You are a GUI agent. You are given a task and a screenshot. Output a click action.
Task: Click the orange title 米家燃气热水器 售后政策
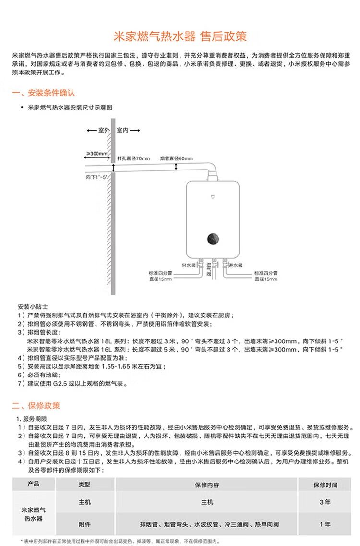pyautogui.click(x=180, y=36)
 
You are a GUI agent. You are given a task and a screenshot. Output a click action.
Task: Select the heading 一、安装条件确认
pyautogui.click(x=44, y=93)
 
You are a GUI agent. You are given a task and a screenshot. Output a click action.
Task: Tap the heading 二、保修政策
pyautogui.click(x=36, y=406)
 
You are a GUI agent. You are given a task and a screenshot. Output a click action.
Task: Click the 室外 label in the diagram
pyautogui.click(x=104, y=130)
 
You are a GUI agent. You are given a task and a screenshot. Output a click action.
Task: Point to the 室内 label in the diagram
pyautogui.click(x=122, y=130)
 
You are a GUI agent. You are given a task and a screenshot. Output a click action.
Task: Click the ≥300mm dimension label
pyautogui.click(x=97, y=153)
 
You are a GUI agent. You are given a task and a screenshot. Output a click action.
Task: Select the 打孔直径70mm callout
pyautogui.click(x=134, y=158)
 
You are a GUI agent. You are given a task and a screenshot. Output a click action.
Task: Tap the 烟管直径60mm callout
pyautogui.click(x=177, y=158)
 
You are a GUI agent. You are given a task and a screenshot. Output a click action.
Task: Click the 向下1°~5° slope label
pyautogui.click(x=96, y=177)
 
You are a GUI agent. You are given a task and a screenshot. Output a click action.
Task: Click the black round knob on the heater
pyautogui.click(x=213, y=239)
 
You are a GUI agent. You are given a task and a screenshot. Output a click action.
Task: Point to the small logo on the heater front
pyautogui.click(x=213, y=197)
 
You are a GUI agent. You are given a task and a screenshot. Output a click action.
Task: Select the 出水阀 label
pyautogui.click(x=189, y=266)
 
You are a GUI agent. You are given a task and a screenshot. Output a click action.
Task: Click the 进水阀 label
pyautogui.click(x=235, y=266)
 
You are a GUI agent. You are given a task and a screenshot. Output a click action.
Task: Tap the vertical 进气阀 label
pyautogui.click(x=209, y=269)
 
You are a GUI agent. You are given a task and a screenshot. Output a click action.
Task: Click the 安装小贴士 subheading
pyautogui.click(x=33, y=307)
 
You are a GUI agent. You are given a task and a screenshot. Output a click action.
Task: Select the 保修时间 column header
pyautogui.click(x=325, y=485)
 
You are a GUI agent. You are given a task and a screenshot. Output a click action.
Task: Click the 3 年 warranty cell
pyautogui.click(x=325, y=502)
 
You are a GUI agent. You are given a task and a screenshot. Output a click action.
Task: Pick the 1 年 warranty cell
pyautogui.click(x=325, y=524)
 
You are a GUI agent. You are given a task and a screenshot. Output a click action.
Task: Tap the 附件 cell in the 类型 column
pyautogui.click(x=84, y=524)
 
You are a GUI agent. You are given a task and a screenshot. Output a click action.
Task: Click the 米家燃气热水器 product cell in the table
pyautogui.click(x=34, y=514)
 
